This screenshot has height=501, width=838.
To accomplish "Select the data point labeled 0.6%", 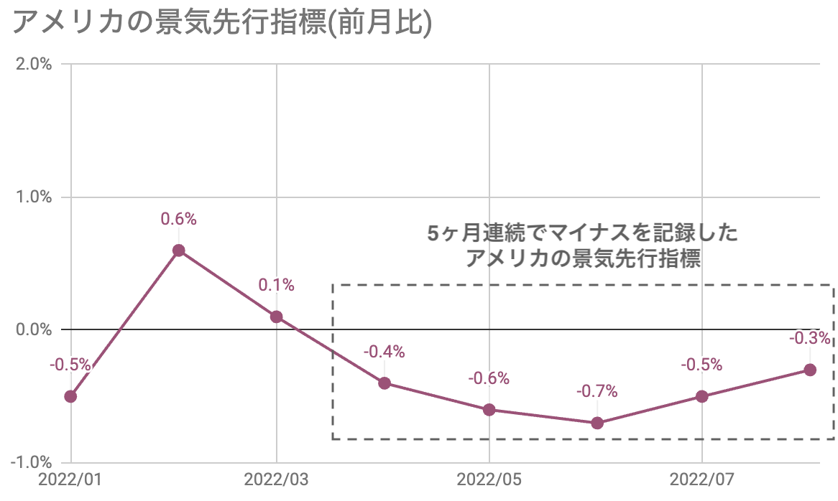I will (x=179, y=250).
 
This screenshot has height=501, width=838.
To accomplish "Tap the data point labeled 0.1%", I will (x=277, y=317).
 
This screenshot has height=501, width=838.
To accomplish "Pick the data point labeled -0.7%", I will (x=597, y=423).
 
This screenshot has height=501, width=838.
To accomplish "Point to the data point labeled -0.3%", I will (x=810, y=370).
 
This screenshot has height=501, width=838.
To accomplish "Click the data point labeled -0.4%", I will (x=385, y=383).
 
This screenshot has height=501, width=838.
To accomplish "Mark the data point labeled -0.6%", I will (x=489, y=410).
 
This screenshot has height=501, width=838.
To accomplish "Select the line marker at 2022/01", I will (x=70, y=396).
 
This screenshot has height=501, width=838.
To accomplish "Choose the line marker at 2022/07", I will (x=702, y=396).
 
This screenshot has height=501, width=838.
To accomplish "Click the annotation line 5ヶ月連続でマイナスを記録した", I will (x=582, y=234).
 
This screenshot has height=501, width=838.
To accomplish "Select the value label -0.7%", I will (x=597, y=392).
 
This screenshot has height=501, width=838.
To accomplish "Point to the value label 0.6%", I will (x=179, y=220).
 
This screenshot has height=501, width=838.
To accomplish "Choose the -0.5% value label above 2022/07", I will (x=701, y=365).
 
